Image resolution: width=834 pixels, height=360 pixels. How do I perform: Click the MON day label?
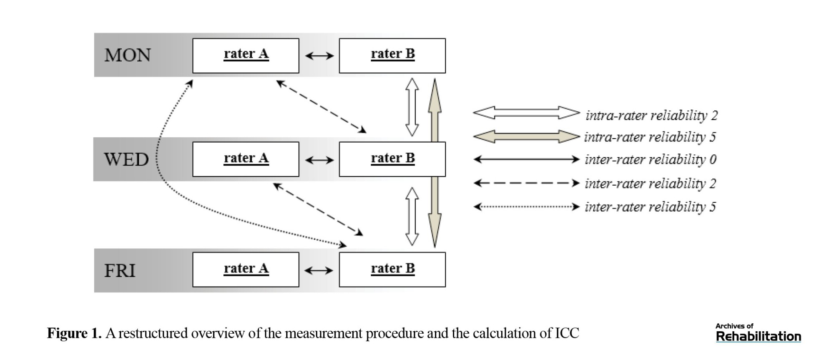tap(127, 55)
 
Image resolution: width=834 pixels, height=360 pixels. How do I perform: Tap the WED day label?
tap(126, 159)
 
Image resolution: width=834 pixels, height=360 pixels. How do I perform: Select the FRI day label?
tap(120, 270)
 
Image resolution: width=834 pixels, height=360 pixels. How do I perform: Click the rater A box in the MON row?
tap(246, 55)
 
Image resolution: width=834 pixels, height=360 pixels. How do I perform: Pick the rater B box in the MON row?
tap(392, 55)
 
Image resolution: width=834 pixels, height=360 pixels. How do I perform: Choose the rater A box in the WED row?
tap(246, 159)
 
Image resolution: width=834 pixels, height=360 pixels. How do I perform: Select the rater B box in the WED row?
tap(392, 159)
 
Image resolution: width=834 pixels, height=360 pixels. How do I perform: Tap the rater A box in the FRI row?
tap(246, 269)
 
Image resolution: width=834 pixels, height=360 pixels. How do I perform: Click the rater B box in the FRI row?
tap(392, 269)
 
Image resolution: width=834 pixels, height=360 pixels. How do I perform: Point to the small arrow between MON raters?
tap(319, 55)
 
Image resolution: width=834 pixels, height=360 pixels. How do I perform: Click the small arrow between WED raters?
tap(319, 160)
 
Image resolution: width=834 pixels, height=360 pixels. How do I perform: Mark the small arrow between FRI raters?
tap(319, 271)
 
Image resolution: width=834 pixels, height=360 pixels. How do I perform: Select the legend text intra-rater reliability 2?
tap(651, 115)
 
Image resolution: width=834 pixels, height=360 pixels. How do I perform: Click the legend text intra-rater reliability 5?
tap(650, 137)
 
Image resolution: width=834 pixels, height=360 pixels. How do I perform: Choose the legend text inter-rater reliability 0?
tap(650, 159)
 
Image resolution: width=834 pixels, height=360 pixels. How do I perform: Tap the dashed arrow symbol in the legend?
tap(527, 183)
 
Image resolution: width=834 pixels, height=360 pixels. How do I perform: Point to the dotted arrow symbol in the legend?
tap(527, 206)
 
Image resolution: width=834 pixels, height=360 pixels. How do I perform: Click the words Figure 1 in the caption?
tap(74, 333)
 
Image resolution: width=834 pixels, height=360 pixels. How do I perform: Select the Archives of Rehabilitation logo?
tap(758, 332)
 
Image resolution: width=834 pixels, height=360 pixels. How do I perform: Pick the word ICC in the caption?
tap(567, 333)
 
